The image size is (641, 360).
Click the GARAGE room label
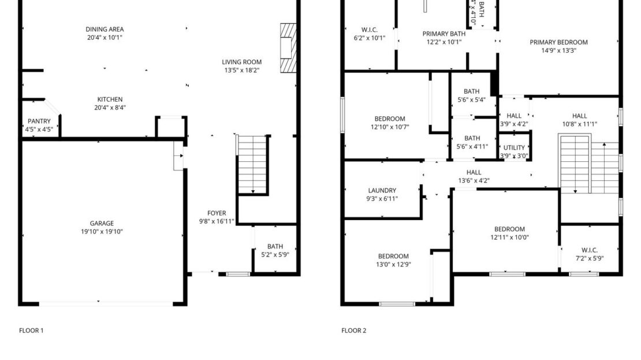click(x=102, y=223)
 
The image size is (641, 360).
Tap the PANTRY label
click(x=39, y=121)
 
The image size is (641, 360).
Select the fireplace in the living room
click(x=287, y=49)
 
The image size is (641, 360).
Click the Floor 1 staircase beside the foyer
click(x=252, y=165)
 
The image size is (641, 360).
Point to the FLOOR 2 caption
click(x=353, y=331)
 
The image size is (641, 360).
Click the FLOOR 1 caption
click(x=31, y=331)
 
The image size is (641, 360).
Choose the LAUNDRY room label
click(x=382, y=191)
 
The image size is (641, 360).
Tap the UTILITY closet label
click(x=514, y=148)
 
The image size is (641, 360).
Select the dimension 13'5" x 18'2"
click(x=241, y=70)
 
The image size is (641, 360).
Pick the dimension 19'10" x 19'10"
click(x=102, y=232)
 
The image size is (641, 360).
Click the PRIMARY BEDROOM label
click(x=558, y=42)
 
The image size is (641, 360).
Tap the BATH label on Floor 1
click(x=275, y=247)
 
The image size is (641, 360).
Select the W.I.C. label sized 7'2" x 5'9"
click(x=589, y=250)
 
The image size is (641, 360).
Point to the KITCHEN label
click(x=110, y=99)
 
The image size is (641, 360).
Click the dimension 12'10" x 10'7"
click(x=390, y=127)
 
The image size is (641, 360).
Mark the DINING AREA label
click(x=105, y=29)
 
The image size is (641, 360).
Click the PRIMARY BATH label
click(x=444, y=34)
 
